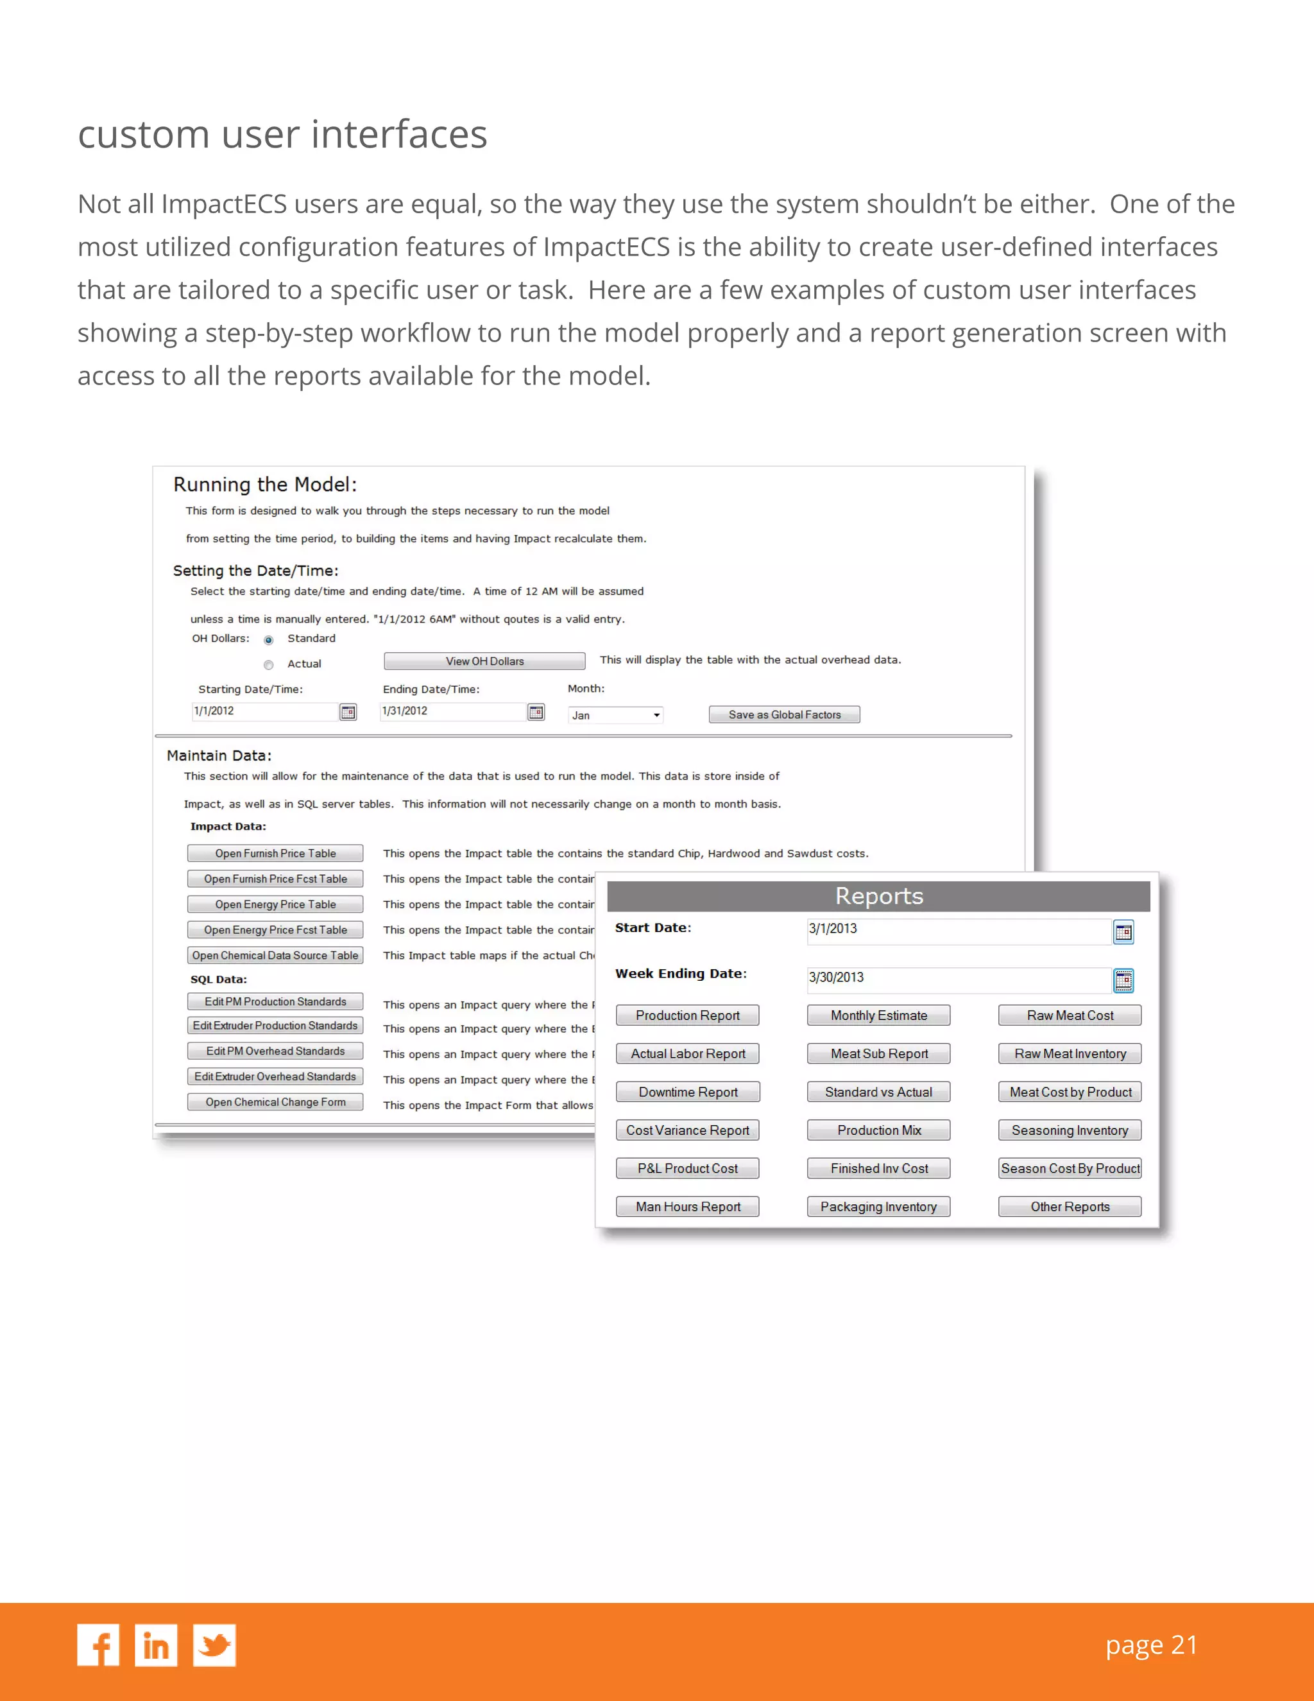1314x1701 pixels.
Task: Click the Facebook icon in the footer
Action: point(98,1645)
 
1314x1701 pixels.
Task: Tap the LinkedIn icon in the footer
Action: point(156,1645)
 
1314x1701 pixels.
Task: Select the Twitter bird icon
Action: point(214,1645)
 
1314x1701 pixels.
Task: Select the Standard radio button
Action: point(269,640)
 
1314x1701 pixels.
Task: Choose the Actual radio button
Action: point(269,665)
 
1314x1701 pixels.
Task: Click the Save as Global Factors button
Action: point(784,714)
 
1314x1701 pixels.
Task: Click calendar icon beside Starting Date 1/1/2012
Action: point(348,712)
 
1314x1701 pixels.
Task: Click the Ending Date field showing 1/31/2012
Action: point(452,711)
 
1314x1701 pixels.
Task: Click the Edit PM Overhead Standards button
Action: point(275,1051)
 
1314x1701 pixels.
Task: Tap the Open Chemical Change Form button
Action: point(275,1102)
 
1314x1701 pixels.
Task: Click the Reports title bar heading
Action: point(878,895)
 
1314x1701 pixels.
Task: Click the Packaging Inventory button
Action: point(878,1207)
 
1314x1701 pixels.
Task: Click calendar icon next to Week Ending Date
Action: point(1123,981)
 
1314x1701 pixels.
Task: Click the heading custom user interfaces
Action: point(282,134)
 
